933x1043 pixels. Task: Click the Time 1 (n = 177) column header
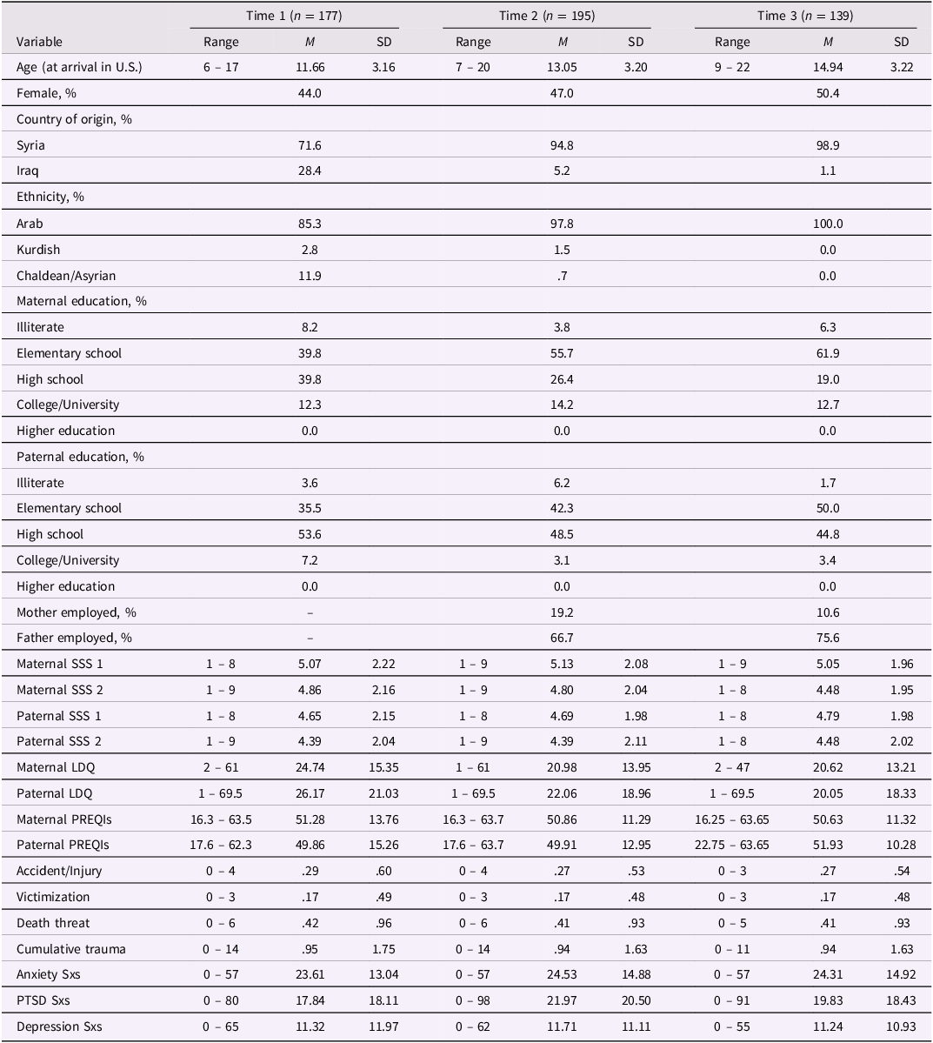tap(294, 16)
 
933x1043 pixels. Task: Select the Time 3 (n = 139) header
tap(804, 16)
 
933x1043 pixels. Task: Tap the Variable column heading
tap(39, 42)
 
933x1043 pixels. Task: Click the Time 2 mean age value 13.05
tap(562, 67)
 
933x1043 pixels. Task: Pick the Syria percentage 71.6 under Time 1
tap(310, 145)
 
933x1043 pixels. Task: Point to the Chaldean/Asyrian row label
tap(66, 276)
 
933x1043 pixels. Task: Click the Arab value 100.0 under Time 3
tap(828, 224)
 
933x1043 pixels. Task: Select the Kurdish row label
tap(38, 250)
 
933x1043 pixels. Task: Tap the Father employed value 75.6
tap(828, 638)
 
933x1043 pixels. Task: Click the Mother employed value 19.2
tap(562, 612)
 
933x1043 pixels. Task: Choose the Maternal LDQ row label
tap(56, 767)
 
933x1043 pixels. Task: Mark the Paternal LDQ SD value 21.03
tap(383, 793)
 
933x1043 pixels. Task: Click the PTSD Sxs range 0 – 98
tap(473, 1000)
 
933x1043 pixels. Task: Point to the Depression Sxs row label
tap(59, 1026)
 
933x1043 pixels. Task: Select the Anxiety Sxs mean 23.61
tap(310, 974)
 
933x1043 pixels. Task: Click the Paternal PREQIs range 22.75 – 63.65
tap(732, 845)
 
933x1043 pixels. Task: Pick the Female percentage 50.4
tap(828, 93)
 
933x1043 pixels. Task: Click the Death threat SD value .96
tap(383, 923)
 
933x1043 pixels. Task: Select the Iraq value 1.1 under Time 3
tap(828, 171)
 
